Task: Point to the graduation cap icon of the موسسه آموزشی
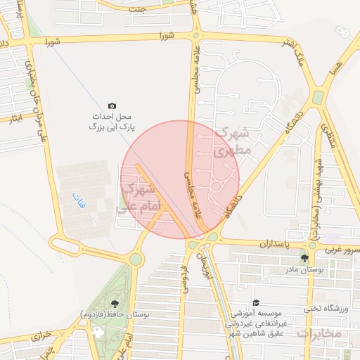pos(255,301)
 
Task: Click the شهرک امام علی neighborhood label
pos(139,198)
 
